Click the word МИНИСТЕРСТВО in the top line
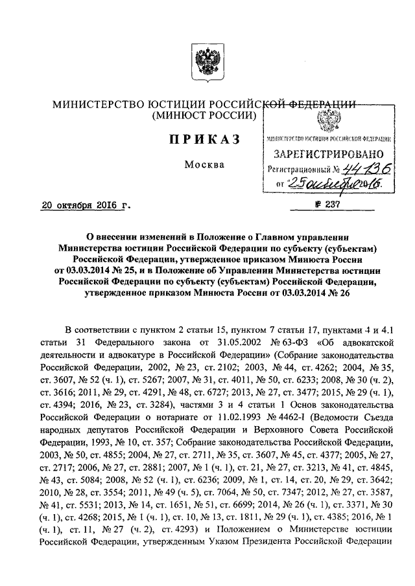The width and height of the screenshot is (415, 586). click(93, 104)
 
